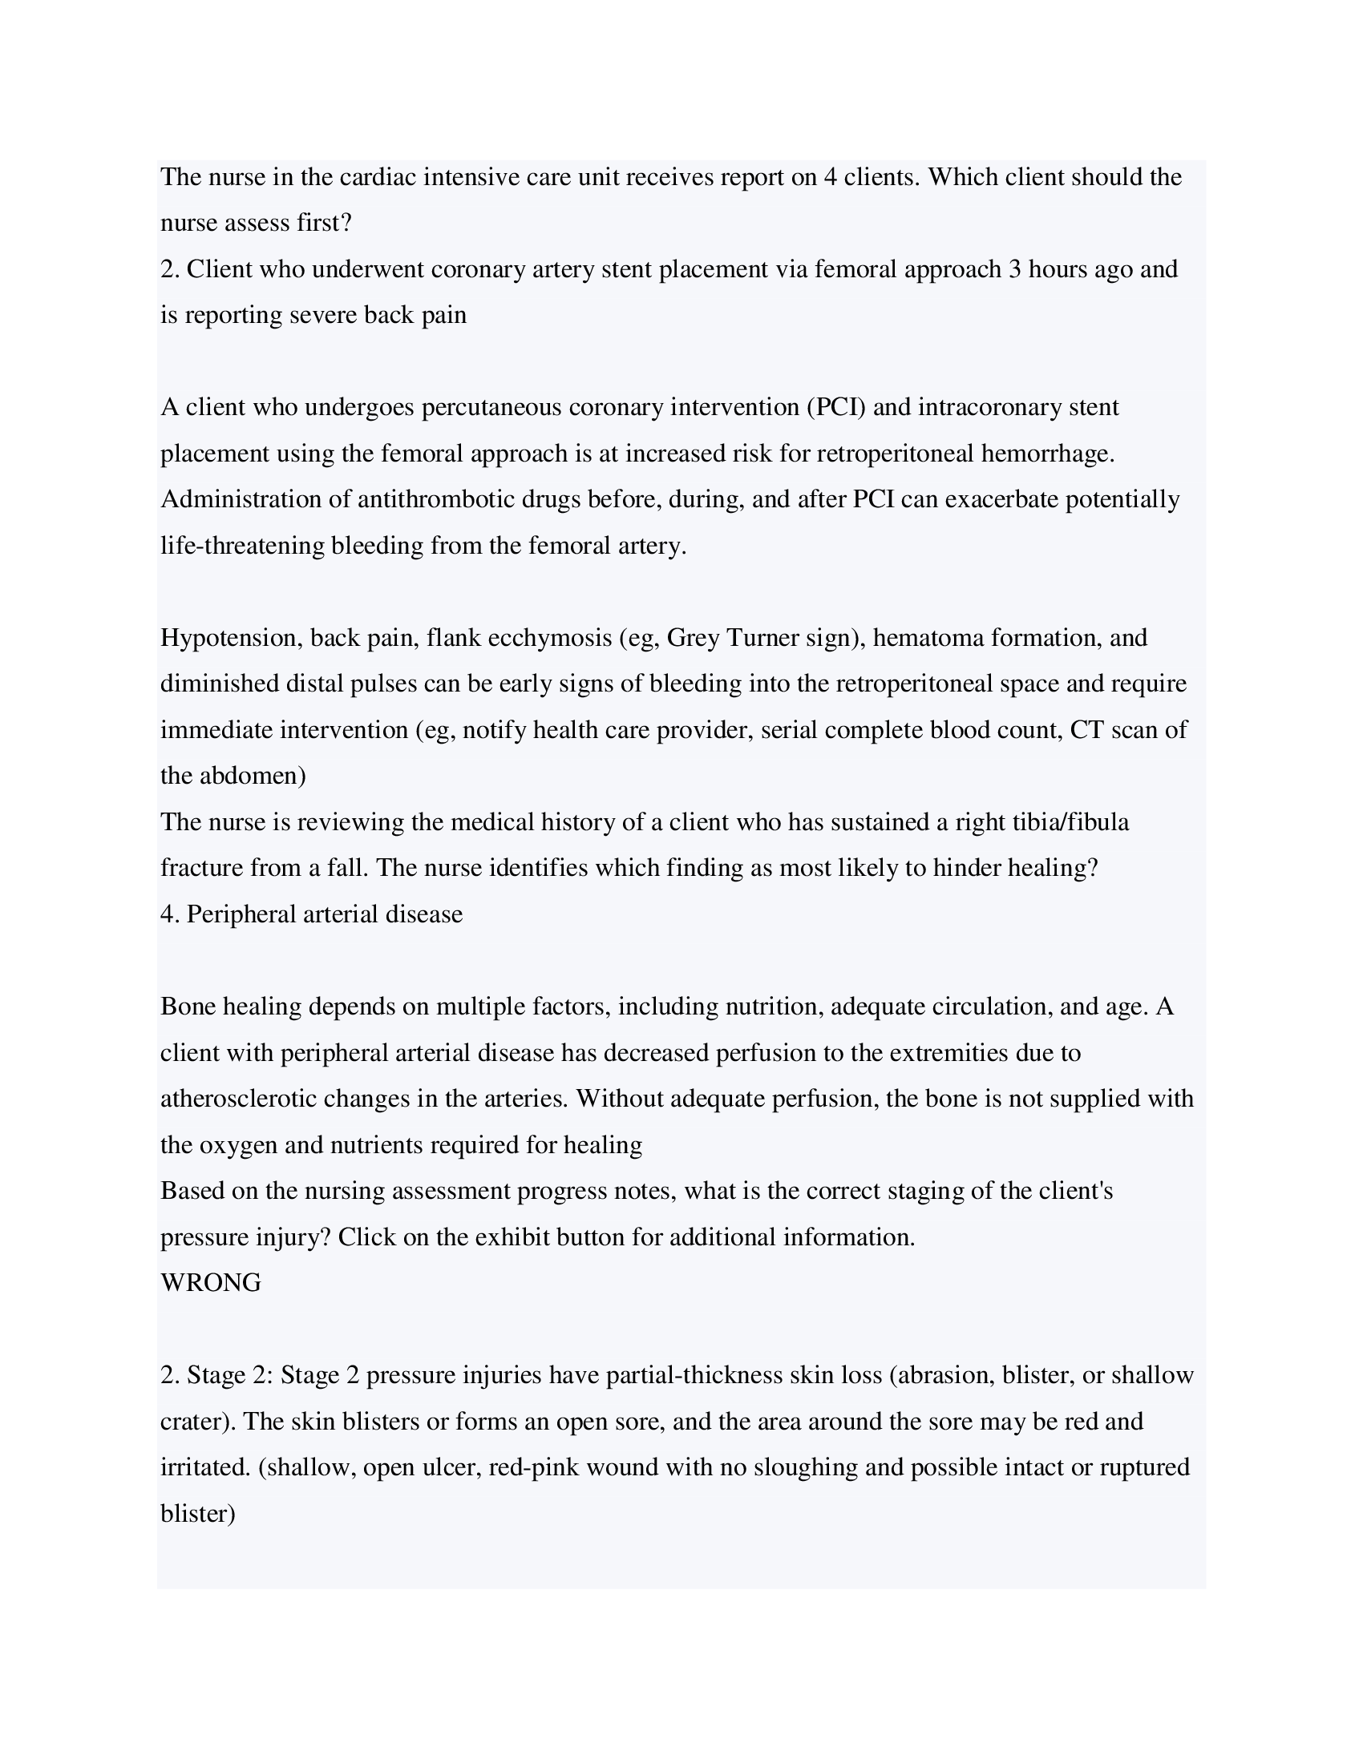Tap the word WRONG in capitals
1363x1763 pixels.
pos(211,1283)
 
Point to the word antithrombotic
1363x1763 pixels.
pos(436,500)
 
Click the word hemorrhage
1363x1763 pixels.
pos(1047,454)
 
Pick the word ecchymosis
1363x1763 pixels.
pos(551,638)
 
